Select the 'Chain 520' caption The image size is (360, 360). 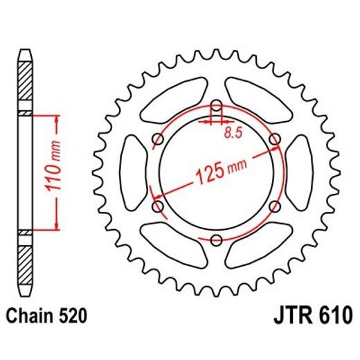(46, 317)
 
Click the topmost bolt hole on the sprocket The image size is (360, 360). (216, 106)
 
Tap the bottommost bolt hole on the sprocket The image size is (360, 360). (216, 240)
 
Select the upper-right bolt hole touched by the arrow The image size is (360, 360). (274, 140)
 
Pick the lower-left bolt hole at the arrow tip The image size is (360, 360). (158, 206)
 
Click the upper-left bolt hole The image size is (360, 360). (158, 140)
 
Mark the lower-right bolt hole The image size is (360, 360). (274, 206)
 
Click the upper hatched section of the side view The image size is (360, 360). (24, 82)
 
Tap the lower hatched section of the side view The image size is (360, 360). (24, 263)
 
